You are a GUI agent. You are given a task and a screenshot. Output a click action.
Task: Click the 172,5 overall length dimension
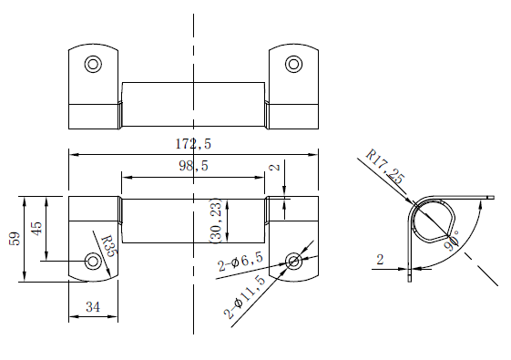193,143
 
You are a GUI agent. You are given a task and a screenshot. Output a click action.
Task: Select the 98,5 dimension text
193,166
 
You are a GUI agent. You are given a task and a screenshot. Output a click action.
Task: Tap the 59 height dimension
15,239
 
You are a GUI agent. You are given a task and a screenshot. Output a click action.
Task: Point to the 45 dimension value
36,228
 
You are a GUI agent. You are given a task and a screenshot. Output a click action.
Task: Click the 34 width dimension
93,307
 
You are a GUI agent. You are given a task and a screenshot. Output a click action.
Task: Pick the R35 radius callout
108,246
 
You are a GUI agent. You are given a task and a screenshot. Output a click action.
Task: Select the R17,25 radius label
385,167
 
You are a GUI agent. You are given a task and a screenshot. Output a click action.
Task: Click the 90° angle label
452,241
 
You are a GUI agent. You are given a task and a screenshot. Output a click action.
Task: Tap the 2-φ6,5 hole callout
240,262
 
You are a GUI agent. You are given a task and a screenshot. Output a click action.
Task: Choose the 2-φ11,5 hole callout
244,297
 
